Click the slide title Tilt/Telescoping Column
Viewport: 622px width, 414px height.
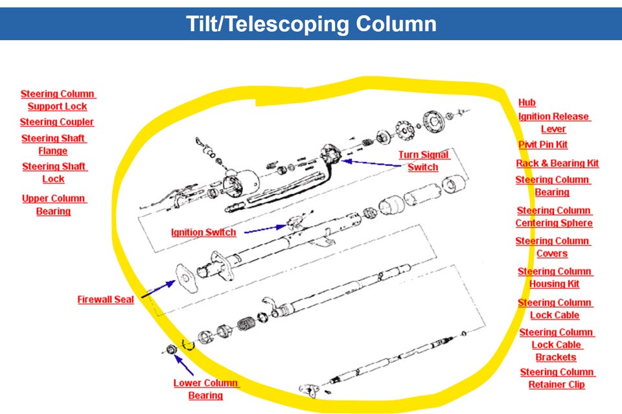[311, 24]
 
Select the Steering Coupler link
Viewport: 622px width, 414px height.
[57, 122]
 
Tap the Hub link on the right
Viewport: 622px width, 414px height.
[527, 102]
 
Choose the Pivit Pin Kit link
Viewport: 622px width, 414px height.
[543, 144]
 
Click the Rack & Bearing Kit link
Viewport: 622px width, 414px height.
[557, 163]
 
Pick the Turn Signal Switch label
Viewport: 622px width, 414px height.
[423, 161]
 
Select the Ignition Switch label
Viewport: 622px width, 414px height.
[203, 232]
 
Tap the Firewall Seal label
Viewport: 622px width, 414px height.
[106, 300]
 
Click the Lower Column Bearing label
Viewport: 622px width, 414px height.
[206, 389]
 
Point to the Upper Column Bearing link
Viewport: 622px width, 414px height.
[54, 205]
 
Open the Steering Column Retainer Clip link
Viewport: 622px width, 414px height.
[557, 378]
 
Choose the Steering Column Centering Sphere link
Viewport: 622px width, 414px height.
[554, 216]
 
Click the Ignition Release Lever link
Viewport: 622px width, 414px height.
[554, 122]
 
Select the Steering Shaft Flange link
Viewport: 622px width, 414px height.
[54, 144]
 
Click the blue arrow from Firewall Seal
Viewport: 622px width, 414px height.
[157, 289]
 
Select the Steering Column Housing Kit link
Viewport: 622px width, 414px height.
[555, 277]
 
